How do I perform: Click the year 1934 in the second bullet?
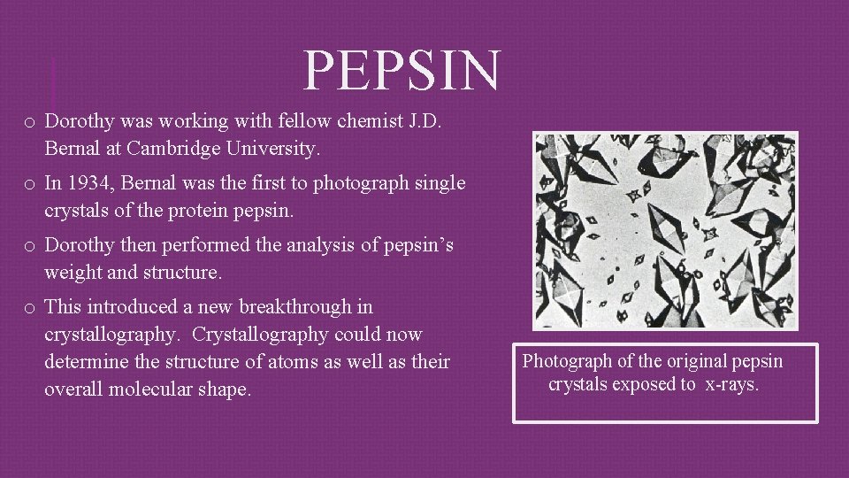click(x=87, y=183)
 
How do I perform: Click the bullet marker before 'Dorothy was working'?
click(x=29, y=121)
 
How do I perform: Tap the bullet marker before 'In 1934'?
click(x=29, y=184)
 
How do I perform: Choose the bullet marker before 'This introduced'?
click(x=29, y=308)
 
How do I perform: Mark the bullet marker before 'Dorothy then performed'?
click(x=29, y=246)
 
